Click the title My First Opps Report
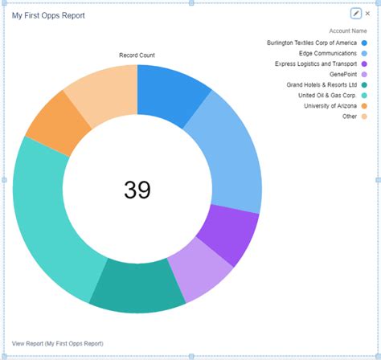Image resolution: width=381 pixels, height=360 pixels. point(48,15)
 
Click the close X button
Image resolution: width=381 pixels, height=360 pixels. point(368,14)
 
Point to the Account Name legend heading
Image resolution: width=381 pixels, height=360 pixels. point(348,31)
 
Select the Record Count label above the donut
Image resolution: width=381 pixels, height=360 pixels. point(137,55)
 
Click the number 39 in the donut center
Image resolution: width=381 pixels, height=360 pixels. point(137,190)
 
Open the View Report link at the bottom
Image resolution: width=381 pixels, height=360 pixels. point(57,343)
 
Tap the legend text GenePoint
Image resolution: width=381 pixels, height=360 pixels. point(340,74)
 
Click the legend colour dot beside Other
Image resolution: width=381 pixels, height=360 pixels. point(364,116)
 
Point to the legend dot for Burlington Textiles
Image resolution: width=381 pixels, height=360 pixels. point(364,43)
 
